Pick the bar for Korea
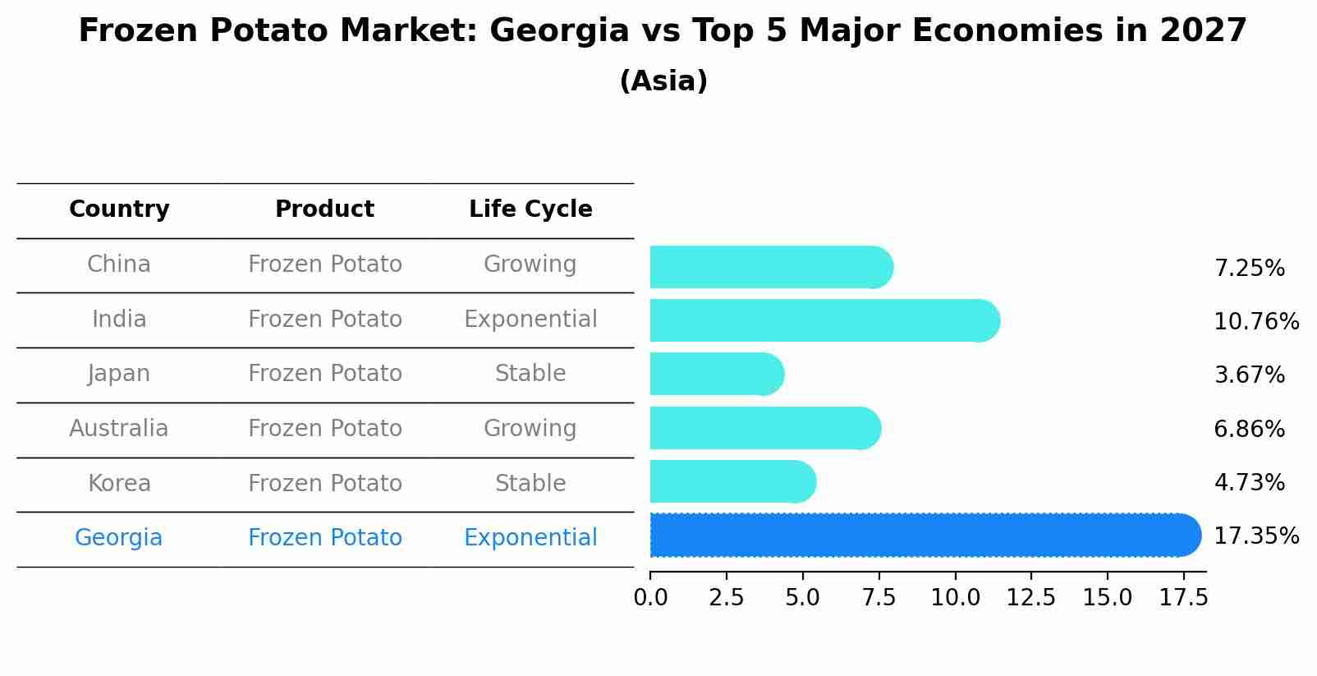click(732, 482)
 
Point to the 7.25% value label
click(1249, 269)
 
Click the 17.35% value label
click(1255, 536)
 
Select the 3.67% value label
click(1249, 375)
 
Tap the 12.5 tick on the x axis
click(1030, 598)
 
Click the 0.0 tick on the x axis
click(650, 598)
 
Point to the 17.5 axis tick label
click(1183, 598)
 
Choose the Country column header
click(119, 209)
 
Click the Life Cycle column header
click(530, 209)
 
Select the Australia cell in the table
click(119, 429)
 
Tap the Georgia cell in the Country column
click(119, 538)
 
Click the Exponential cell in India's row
click(530, 320)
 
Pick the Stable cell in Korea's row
click(530, 484)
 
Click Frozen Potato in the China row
click(325, 264)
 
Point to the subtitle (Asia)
click(663, 81)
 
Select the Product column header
click(325, 209)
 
